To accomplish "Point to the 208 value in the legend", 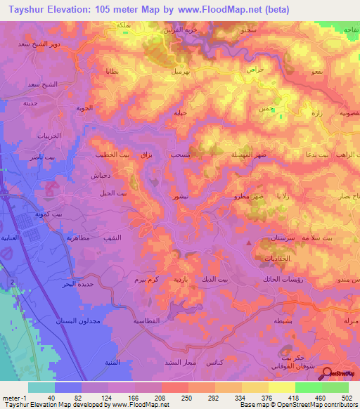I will pos(161,398).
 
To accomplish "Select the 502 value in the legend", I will pos(348,398).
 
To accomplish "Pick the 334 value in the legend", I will pos(241,398).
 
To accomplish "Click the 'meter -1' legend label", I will pos(14,398).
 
